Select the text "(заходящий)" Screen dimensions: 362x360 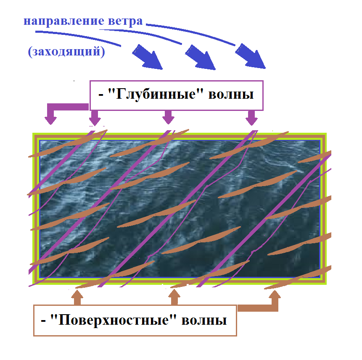click(66, 51)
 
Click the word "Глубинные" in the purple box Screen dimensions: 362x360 click(153, 94)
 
